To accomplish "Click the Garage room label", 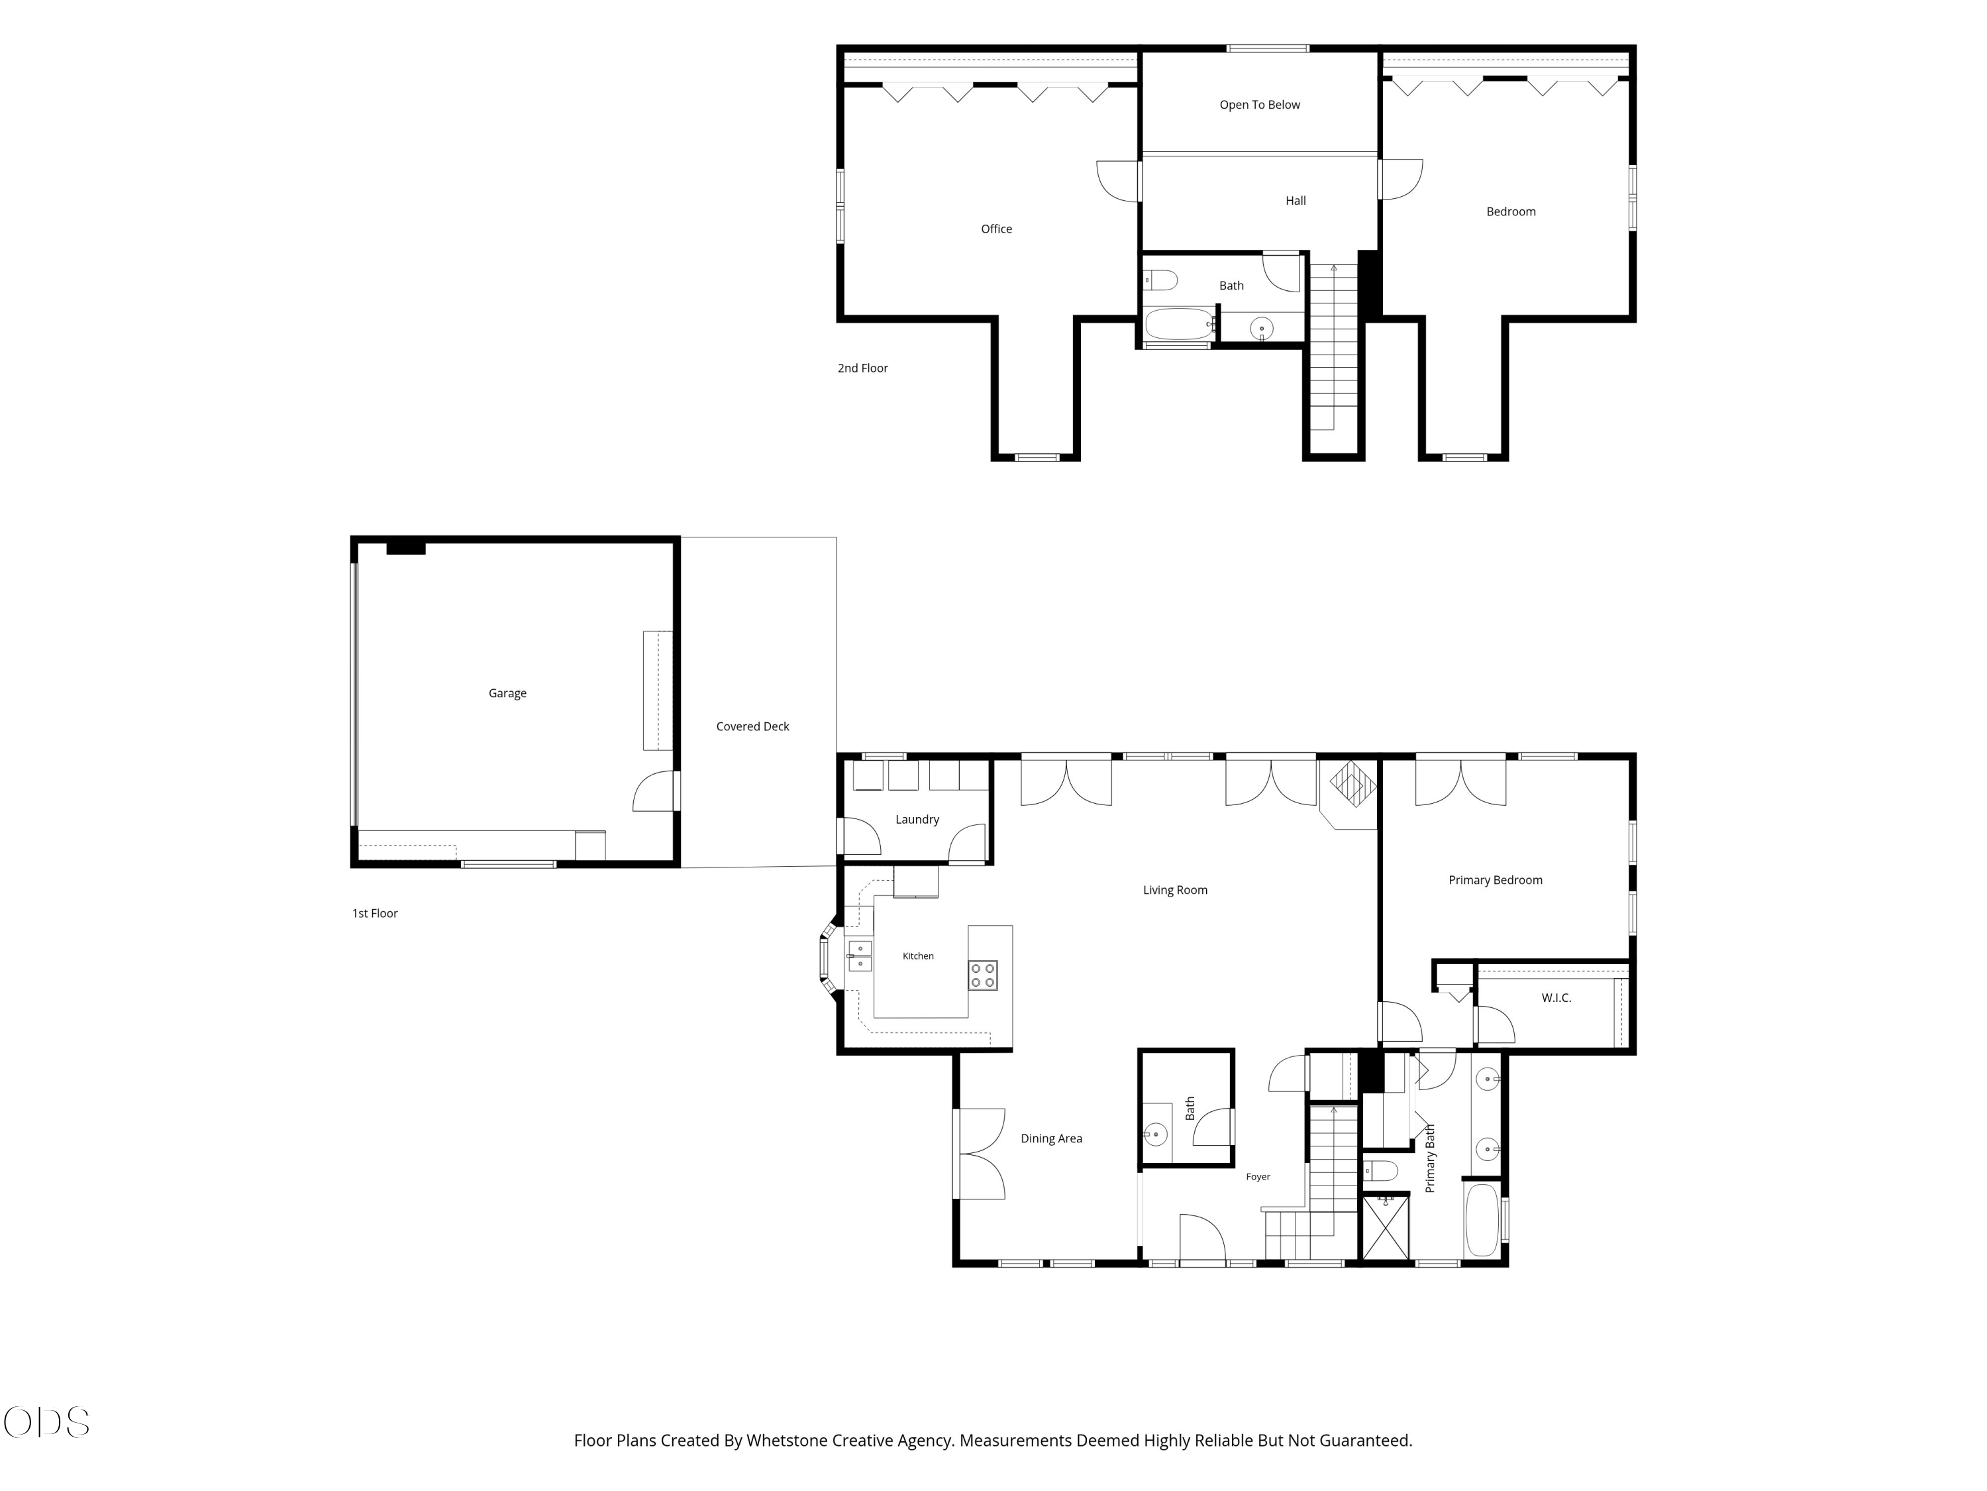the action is pyautogui.click(x=507, y=693).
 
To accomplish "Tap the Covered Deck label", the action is pyautogui.click(x=753, y=726).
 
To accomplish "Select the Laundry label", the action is pyautogui.click(x=917, y=820).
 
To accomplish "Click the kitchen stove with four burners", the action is pyautogui.click(x=983, y=975).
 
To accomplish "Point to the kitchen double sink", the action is pyautogui.click(x=860, y=956).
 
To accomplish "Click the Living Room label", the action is pyautogui.click(x=1175, y=890).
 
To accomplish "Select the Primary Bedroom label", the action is pyautogui.click(x=1496, y=880).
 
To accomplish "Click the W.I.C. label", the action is pyautogui.click(x=1556, y=997).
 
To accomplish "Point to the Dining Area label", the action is pyautogui.click(x=1051, y=1138).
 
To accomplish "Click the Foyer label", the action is pyautogui.click(x=1258, y=1176).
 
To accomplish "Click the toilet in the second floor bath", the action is pyautogui.click(x=1160, y=280).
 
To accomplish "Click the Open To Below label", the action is pyautogui.click(x=1259, y=105).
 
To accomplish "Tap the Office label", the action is pyautogui.click(x=996, y=229).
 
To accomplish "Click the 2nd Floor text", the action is pyautogui.click(x=862, y=368).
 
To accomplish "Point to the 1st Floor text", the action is pyautogui.click(x=375, y=913).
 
